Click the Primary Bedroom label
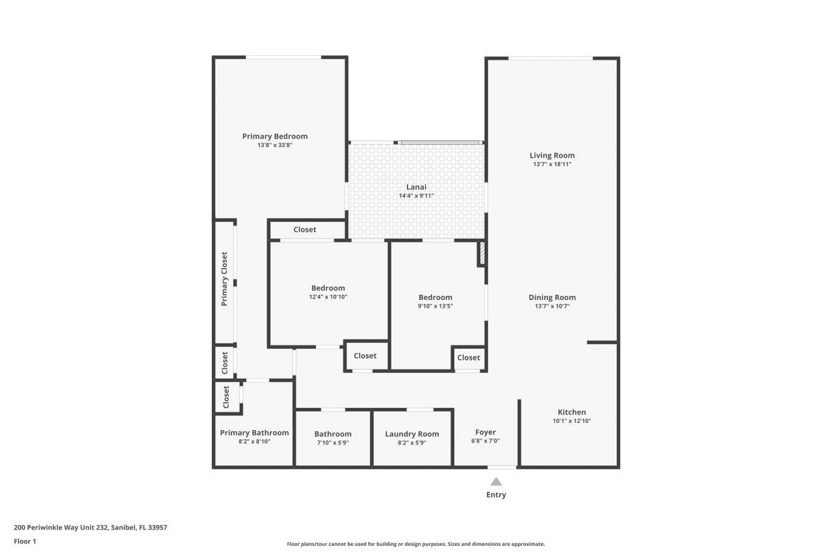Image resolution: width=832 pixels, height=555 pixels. pyautogui.click(x=274, y=136)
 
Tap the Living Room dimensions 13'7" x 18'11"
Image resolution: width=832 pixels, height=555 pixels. pyautogui.click(x=552, y=165)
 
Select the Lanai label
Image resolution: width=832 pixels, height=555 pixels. pyautogui.click(x=416, y=187)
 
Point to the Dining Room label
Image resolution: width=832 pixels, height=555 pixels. pyautogui.click(x=552, y=297)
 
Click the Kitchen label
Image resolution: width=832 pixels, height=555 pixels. pyautogui.click(x=571, y=412)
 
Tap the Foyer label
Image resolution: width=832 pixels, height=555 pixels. pyautogui.click(x=486, y=432)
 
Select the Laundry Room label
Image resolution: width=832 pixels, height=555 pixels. pyautogui.click(x=411, y=434)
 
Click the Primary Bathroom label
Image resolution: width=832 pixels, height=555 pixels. pyautogui.click(x=254, y=433)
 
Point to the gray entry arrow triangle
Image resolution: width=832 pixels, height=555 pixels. pyautogui.click(x=496, y=481)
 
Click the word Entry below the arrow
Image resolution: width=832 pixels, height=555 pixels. pyautogui.click(x=496, y=494)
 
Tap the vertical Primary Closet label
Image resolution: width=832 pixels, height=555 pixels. pyautogui.click(x=224, y=278)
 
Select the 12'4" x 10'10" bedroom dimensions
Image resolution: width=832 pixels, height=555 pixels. pyautogui.click(x=328, y=297)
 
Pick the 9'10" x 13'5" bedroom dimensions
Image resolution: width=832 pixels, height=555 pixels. pyautogui.click(x=435, y=306)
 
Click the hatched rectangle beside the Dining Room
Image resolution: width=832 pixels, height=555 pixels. pyautogui.click(x=482, y=253)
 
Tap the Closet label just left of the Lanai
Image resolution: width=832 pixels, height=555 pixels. pyautogui.click(x=305, y=230)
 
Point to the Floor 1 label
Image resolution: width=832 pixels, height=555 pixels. pyautogui.click(x=25, y=541)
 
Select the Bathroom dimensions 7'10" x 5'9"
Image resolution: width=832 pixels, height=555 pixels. pyautogui.click(x=333, y=442)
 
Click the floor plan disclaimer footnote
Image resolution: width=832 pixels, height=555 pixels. pyautogui.click(x=416, y=544)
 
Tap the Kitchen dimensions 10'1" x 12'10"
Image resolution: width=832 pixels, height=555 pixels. pyautogui.click(x=571, y=421)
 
